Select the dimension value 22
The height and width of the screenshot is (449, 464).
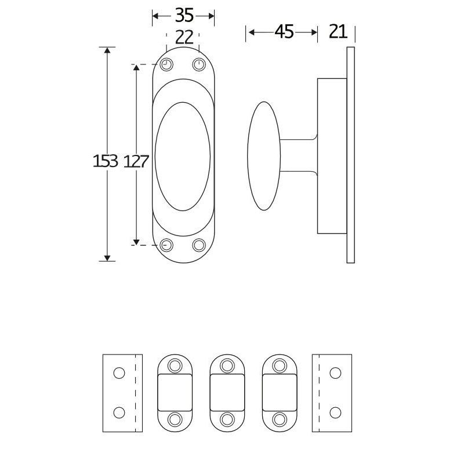(183, 37)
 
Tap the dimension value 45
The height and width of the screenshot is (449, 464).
(284, 32)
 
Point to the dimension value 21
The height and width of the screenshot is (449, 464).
(338, 32)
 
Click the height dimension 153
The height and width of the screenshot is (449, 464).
(105, 161)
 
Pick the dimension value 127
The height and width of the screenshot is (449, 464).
(136, 161)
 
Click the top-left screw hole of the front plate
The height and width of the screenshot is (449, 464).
(166, 64)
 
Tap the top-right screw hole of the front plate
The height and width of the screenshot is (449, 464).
(199, 64)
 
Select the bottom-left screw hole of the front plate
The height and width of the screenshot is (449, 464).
(166, 245)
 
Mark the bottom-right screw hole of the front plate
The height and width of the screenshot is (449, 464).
(199, 245)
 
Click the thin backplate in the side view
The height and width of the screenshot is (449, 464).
(350, 155)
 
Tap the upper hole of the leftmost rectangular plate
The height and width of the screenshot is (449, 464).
(119, 373)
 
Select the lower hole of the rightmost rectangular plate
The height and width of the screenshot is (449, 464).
(335, 412)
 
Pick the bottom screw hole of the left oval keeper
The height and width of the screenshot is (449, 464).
(175, 419)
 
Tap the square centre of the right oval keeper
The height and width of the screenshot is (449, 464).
(280, 392)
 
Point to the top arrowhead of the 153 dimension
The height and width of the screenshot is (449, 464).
(107, 51)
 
